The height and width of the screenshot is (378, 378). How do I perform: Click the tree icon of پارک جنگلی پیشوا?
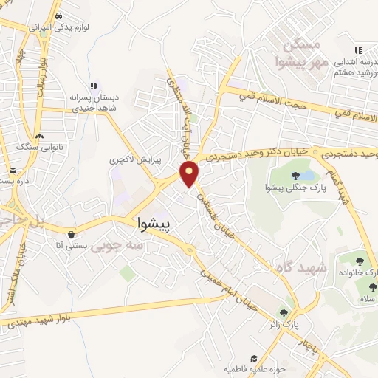pos(296,175)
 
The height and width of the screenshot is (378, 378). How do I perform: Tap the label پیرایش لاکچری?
pos(130,159)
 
